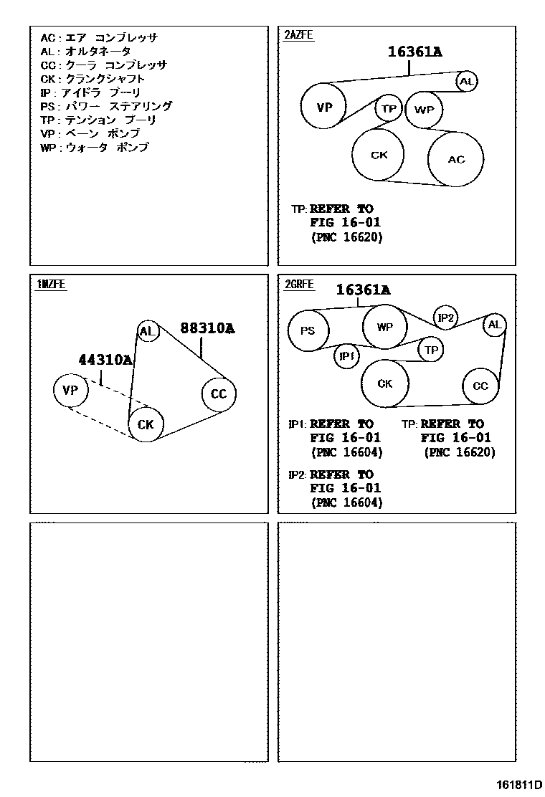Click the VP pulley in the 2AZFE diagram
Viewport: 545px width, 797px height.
325,108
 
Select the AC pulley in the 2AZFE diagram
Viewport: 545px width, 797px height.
456,159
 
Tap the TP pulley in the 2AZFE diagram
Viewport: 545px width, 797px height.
389,109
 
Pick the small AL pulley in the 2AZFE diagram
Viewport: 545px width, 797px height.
467,82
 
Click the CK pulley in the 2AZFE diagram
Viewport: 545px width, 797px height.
379,154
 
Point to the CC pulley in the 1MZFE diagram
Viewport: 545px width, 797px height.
218,394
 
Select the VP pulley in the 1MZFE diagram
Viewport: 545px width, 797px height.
70,391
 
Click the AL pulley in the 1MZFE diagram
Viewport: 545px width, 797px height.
147,331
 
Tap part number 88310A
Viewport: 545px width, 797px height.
207,328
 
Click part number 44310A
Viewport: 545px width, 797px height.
105,360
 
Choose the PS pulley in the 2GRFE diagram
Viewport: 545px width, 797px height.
308,331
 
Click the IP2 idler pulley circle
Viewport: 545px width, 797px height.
446,317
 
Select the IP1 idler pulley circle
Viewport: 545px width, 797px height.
347,356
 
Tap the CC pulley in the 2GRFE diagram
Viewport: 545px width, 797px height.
480,386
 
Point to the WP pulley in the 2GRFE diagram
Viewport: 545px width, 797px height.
385,327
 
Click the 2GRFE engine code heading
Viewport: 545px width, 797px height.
299,284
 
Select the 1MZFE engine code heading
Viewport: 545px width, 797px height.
51,284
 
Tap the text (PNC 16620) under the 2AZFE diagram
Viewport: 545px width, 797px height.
347,237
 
